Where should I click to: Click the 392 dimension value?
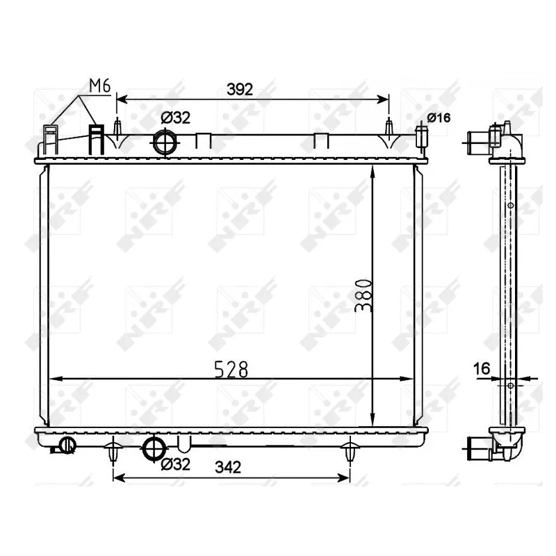click(x=240, y=90)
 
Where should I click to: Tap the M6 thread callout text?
click(x=99, y=85)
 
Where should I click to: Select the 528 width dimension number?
click(x=231, y=370)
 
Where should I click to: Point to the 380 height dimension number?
click(x=363, y=295)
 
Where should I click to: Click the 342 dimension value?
click(x=228, y=467)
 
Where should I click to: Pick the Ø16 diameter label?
click(x=439, y=117)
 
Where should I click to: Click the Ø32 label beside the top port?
click(x=176, y=117)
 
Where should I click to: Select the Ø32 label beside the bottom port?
click(x=176, y=464)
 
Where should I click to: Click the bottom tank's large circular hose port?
click(x=154, y=449)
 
